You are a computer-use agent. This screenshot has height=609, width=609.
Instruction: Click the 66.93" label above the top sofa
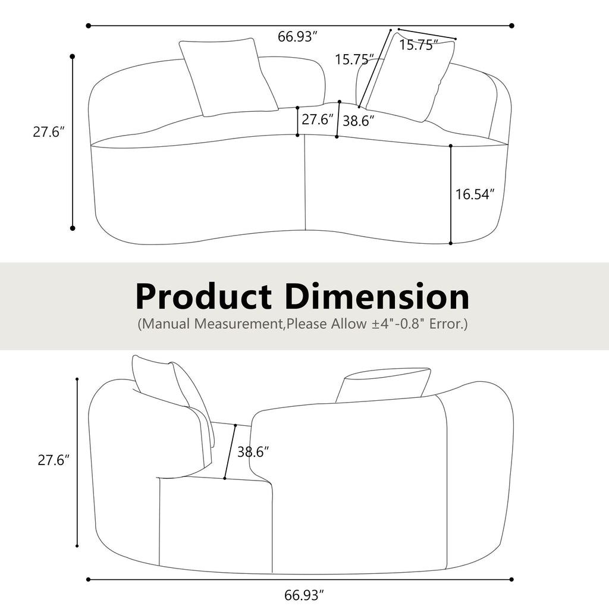[297, 37]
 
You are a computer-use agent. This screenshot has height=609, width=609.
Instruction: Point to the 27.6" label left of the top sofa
[48, 132]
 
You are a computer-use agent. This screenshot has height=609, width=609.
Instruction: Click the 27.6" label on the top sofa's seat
[317, 120]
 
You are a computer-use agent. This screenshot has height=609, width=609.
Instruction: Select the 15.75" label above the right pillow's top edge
[419, 45]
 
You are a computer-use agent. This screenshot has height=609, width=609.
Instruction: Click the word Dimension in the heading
[380, 296]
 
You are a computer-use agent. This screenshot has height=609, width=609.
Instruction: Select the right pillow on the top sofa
[410, 77]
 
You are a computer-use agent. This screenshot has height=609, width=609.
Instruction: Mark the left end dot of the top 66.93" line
[89, 26]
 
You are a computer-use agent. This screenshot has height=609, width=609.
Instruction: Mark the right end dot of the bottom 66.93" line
[511, 579]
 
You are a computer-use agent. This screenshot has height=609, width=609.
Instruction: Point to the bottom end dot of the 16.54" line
[451, 243]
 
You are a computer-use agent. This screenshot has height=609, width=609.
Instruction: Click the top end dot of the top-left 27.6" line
[73, 56]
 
